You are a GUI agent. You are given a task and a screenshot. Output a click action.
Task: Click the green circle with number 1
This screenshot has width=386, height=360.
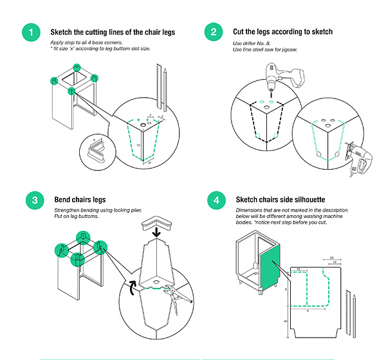pos(32,32)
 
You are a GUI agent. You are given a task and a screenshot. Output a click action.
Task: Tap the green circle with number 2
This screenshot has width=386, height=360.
pos(214,32)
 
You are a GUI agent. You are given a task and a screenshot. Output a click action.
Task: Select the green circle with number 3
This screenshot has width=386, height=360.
pos(35,201)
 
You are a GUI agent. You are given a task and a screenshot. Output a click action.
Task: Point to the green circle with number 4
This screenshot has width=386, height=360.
pos(217,201)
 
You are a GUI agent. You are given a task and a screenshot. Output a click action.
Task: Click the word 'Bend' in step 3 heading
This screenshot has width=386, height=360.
pos(62,199)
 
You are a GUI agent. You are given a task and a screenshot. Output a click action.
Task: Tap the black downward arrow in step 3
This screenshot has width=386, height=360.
pos(156,232)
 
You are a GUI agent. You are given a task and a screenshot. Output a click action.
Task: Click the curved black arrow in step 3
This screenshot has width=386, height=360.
pos(133,287)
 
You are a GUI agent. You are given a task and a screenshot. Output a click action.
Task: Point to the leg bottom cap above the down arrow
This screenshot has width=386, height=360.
pos(156,222)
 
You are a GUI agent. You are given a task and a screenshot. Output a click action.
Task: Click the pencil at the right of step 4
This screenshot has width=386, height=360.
pos(354,316)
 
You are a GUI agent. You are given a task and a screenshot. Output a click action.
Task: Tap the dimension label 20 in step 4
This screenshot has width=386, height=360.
pos(331,258)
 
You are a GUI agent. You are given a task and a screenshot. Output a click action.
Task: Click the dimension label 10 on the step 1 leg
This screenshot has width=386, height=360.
pos(138,145)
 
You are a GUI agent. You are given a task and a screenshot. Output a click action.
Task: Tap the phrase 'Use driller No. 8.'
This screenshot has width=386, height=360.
pos(252,44)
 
